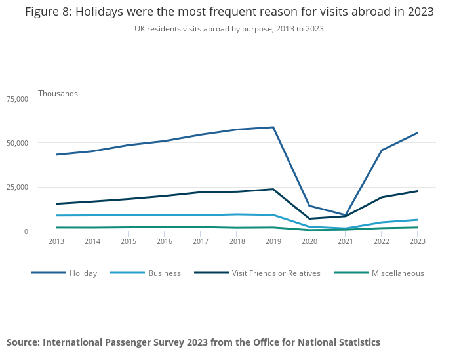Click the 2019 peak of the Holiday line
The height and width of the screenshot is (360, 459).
[x=273, y=127]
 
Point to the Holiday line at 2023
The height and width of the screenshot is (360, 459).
[x=417, y=133]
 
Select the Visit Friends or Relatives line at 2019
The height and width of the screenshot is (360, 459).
[x=273, y=189]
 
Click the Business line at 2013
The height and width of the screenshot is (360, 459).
[x=56, y=216]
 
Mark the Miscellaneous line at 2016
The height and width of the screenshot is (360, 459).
[x=165, y=226]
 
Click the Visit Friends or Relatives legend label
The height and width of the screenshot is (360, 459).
[x=276, y=273]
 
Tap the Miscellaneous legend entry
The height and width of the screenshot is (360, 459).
[x=397, y=273]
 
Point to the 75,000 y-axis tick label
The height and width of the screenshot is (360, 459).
[x=17, y=99]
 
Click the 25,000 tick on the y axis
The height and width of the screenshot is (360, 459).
[x=17, y=188]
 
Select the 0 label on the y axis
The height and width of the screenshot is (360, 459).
[x=26, y=231]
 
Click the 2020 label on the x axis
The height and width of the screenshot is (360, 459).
[x=309, y=241]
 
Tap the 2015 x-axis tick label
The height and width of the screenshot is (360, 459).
[x=129, y=241]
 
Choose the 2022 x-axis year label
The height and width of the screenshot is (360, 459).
[x=381, y=241]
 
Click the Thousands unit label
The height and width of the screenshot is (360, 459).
[x=58, y=94]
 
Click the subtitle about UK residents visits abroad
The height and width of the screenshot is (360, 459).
[x=229, y=29]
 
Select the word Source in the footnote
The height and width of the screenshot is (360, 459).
[x=25, y=342]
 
